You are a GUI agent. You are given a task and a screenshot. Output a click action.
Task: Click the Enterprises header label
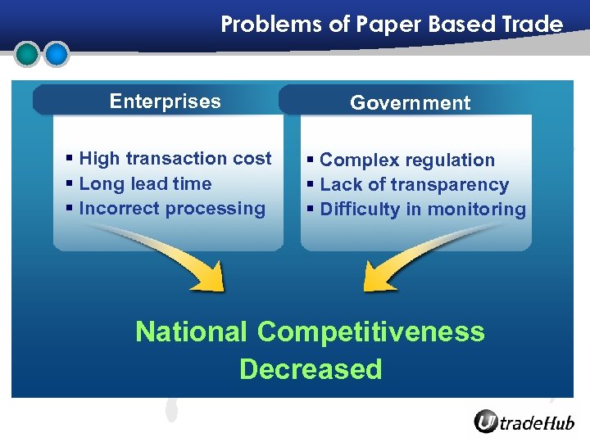pos(165,101)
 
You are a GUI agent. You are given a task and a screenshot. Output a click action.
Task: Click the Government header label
pos(410,103)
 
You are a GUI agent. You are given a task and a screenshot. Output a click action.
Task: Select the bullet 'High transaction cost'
pos(175,159)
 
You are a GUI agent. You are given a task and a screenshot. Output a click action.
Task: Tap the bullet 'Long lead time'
pos(145,184)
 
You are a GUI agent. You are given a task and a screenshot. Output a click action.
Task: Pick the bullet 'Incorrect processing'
pos(172,209)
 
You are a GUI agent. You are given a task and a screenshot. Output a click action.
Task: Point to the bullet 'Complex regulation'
pos(407,160)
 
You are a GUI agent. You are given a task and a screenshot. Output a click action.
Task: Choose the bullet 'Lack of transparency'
pos(414,185)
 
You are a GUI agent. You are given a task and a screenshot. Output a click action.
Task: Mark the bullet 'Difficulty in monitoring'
pos(423,210)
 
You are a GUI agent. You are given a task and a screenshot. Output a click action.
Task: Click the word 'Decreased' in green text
pos(311,369)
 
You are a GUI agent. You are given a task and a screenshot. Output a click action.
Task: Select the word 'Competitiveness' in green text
pos(370,332)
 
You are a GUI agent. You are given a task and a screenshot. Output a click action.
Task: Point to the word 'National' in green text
pos(191,332)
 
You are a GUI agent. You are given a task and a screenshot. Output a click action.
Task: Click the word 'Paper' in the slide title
pos(383,25)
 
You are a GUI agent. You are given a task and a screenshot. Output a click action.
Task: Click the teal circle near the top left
pos(27,54)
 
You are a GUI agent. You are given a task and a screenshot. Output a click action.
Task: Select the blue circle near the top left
pos(56,54)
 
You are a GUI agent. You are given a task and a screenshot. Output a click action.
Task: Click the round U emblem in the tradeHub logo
pos(486,422)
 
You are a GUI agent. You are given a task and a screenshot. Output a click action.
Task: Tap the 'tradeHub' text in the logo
pos(537,422)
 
